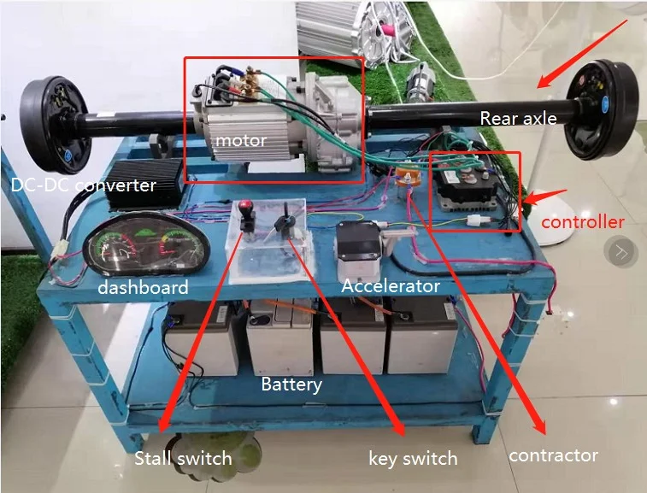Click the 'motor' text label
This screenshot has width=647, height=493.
coord(240,140)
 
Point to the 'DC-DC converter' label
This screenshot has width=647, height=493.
coord(84,185)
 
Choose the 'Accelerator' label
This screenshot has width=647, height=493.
coord(391,286)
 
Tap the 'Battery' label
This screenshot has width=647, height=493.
coord(291,384)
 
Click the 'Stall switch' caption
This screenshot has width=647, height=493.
coord(183,458)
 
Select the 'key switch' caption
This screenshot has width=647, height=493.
coord(413,458)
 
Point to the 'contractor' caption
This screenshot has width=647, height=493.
coord(553,455)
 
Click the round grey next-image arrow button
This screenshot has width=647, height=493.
coord(621,251)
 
